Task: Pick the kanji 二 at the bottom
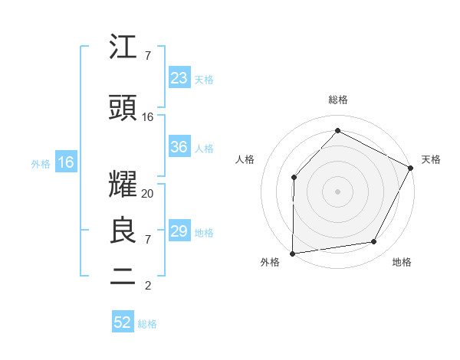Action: coord(123,277)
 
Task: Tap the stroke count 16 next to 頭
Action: coord(148,117)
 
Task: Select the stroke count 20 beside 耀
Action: coord(148,194)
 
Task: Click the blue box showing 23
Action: coord(179,78)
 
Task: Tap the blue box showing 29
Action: coord(179,231)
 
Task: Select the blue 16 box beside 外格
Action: coord(66,162)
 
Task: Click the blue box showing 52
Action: coord(123,323)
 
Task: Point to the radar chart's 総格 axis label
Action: coord(337,100)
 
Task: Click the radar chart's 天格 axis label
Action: coord(431,159)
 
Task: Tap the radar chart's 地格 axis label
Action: coord(402,263)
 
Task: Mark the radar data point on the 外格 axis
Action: coord(292,253)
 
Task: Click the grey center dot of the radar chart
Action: coord(337,191)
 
